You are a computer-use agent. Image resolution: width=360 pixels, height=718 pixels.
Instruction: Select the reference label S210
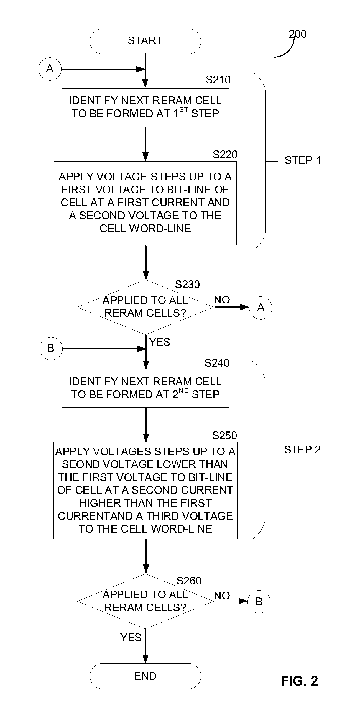coord(218,80)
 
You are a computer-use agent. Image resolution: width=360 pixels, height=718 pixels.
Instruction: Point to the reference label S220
coord(225,155)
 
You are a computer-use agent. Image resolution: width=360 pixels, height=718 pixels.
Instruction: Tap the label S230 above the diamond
coord(187,285)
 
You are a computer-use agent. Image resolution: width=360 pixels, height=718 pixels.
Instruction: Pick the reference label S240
coord(217,363)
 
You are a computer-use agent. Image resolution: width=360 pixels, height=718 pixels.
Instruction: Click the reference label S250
coord(224,435)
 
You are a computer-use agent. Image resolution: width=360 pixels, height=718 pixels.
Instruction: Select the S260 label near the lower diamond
coord(189,581)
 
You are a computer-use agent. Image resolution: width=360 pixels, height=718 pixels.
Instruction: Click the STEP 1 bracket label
coord(303,160)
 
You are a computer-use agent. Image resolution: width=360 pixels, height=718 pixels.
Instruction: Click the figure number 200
coord(298,34)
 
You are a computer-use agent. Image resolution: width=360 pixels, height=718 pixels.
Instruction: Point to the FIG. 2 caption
coord(300,681)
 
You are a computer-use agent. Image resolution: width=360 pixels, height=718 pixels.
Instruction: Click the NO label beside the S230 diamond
coord(222,300)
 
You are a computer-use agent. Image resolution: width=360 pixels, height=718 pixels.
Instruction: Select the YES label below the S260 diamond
coord(131,638)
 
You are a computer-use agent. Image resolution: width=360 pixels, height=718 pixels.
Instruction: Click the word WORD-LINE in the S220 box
coord(160,229)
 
